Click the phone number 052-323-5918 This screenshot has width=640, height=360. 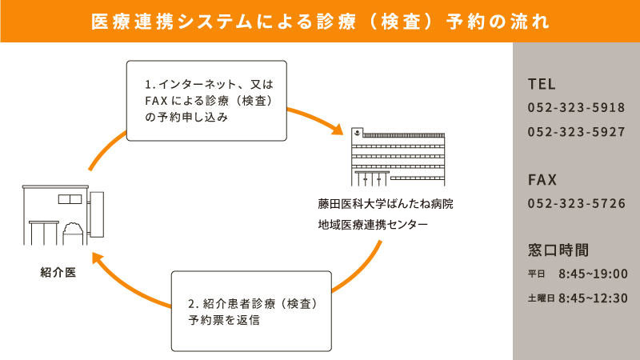click(x=576, y=108)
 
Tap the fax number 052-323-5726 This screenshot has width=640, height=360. click(x=576, y=203)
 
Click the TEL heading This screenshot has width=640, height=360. click(x=542, y=84)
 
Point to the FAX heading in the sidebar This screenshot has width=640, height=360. click(x=542, y=179)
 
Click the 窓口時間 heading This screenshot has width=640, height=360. click(x=558, y=248)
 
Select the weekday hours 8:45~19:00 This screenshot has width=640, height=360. click(x=593, y=274)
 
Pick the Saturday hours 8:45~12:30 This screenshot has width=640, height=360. click(x=593, y=298)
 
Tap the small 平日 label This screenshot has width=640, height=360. click(x=536, y=275)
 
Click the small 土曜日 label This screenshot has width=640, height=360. click(x=541, y=298)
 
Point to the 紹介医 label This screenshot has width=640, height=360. click(x=58, y=272)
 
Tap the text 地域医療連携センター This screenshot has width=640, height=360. click(x=372, y=225)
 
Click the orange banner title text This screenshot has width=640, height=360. click(x=320, y=21)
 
